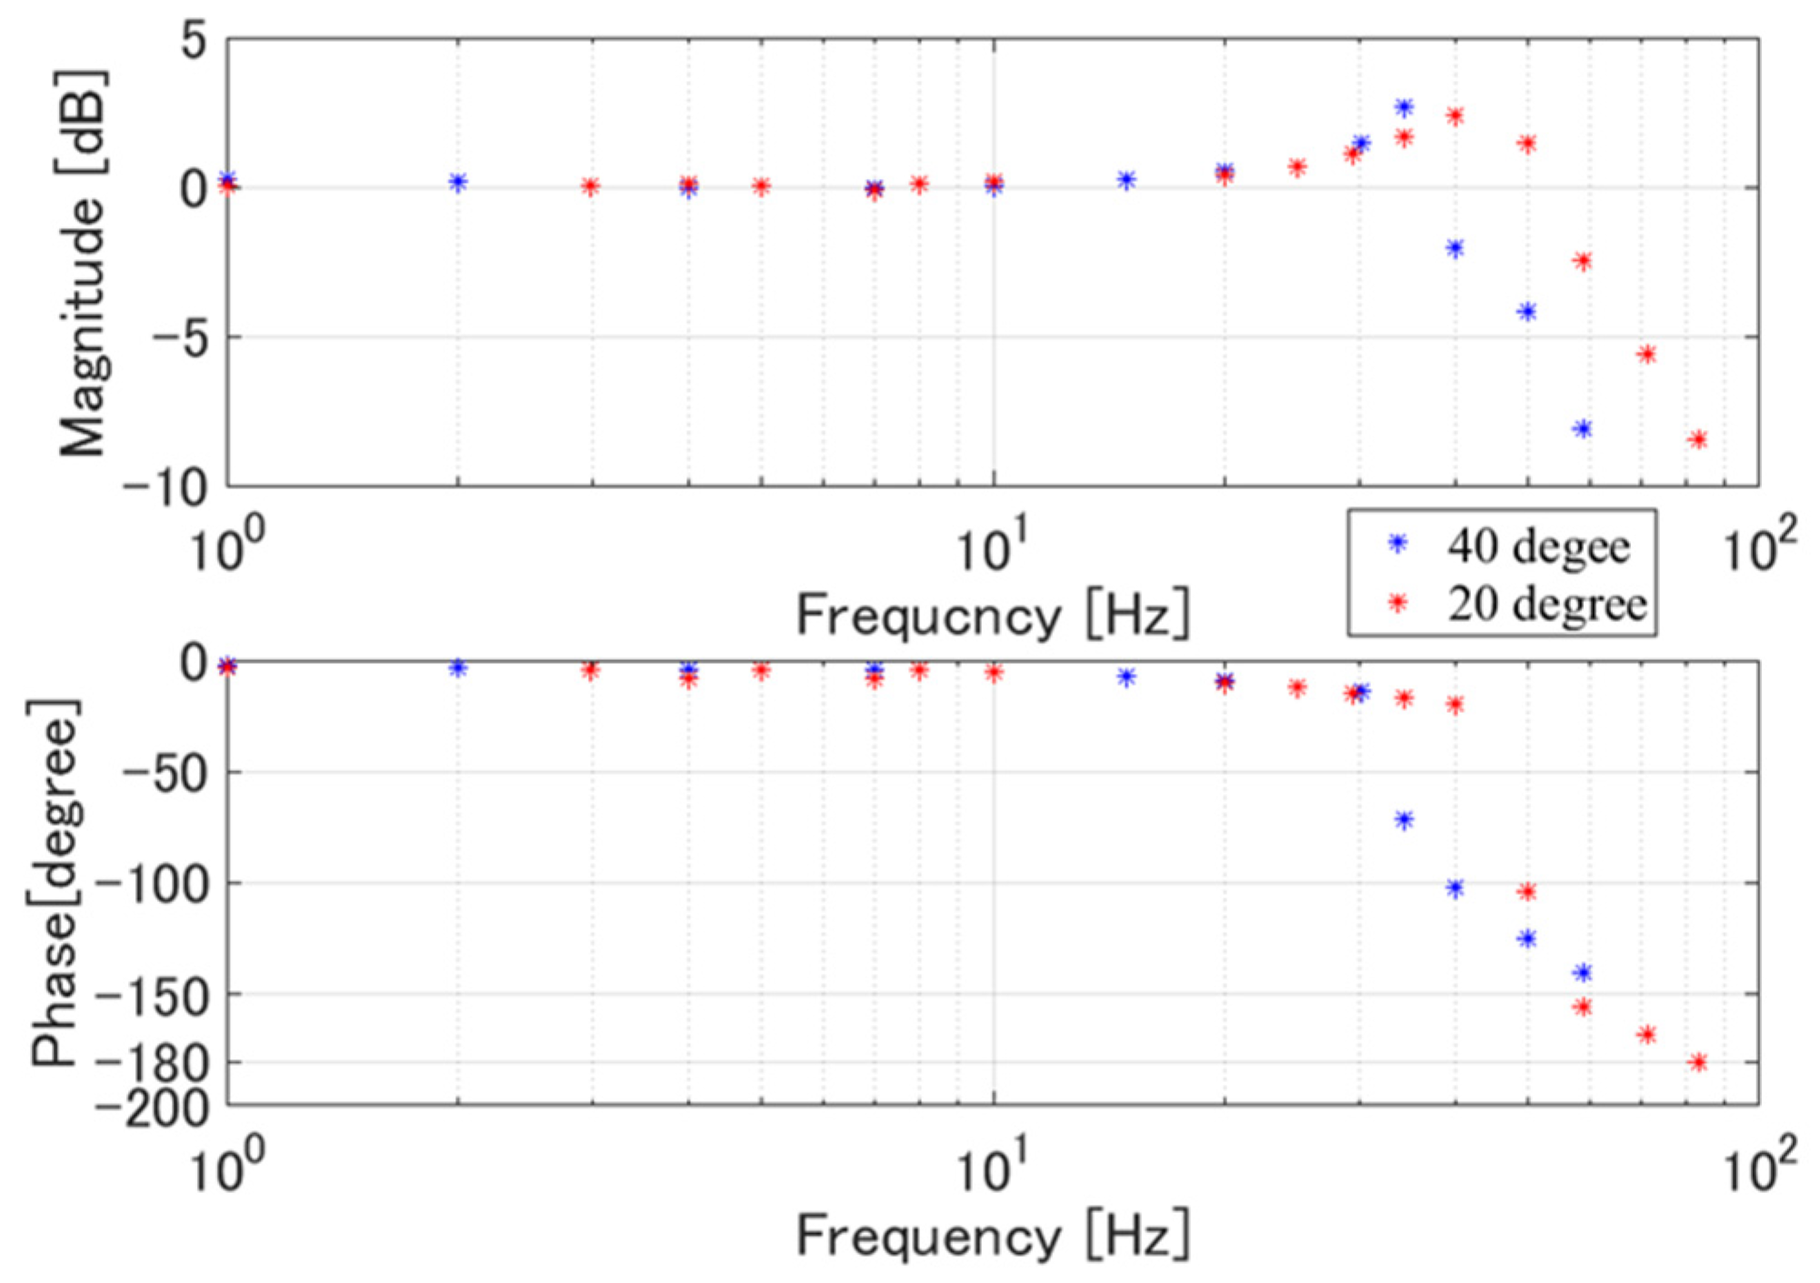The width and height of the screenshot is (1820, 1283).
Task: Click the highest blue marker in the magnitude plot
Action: click(x=1405, y=107)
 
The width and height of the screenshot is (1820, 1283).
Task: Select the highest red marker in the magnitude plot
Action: click(x=1455, y=116)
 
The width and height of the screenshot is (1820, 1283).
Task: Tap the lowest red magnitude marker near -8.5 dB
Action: click(x=1697, y=440)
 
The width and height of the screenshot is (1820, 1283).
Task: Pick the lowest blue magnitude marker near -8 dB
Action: click(x=1583, y=429)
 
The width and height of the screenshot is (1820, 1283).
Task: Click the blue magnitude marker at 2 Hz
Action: click(x=458, y=182)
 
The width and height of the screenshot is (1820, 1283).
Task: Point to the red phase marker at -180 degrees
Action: click(x=1697, y=1062)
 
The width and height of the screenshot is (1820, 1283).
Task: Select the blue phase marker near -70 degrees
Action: click(x=1405, y=820)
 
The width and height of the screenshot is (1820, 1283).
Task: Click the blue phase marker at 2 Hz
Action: click(x=458, y=668)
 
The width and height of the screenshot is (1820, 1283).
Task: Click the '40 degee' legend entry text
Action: click(x=1538, y=546)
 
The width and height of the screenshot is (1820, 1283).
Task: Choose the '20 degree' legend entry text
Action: click(x=1547, y=604)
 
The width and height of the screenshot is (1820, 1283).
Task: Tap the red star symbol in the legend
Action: click(x=1398, y=602)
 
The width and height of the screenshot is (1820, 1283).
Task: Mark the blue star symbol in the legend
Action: click(x=1398, y=544)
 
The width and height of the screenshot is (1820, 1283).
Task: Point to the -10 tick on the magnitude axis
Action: click(x=165, y=488)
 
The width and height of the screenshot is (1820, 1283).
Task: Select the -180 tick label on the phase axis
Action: click(x=153, y=1062)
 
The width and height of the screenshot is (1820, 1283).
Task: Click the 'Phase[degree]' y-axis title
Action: click(x=55, y=882)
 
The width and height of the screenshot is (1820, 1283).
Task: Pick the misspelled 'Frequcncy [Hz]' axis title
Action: click(x=993, y=616)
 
